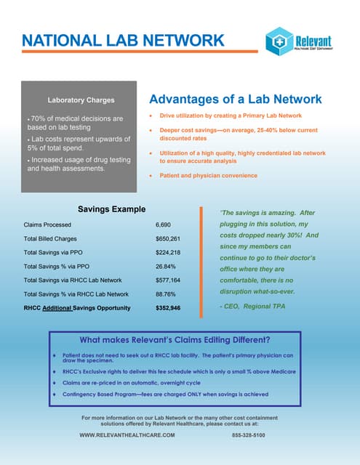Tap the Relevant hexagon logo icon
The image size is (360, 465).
coord(279,41)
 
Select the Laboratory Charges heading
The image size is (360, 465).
coord(81,100)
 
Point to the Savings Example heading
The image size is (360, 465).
coord(111,209)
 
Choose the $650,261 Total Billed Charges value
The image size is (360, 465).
coord(168,239)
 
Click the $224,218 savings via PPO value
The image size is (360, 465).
coord(168,253)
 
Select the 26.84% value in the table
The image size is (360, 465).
coord(166,267)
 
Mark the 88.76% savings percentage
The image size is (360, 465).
coord(166,294)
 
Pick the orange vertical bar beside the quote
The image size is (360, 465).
coord(201,258)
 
